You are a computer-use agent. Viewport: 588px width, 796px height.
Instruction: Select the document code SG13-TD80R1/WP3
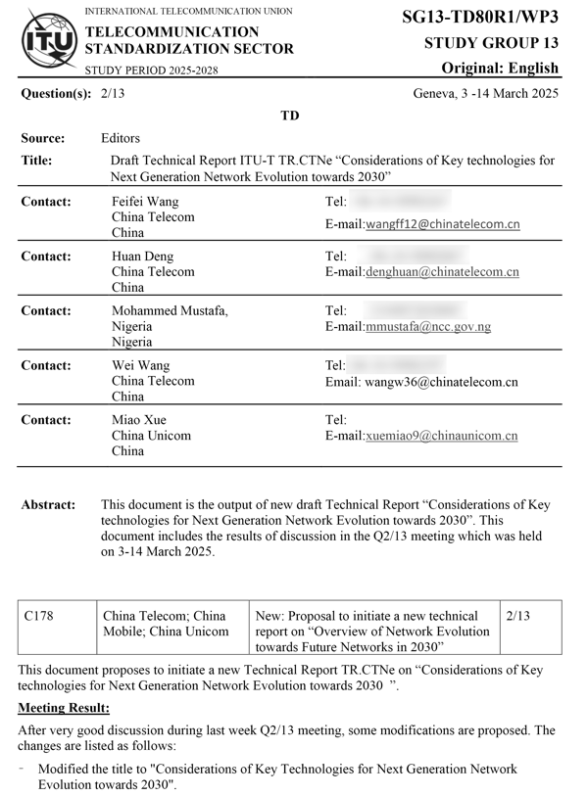coord(480,17)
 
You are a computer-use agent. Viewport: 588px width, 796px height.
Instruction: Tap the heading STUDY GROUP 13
coord(491,43)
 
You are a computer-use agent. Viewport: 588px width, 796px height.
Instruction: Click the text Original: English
coord(500,69)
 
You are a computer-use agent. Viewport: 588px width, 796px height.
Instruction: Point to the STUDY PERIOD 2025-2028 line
coord(152,70)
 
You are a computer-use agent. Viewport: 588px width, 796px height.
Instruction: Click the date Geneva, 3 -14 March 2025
coord(486,94)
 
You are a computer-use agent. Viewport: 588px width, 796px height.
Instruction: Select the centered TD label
coord(290,116)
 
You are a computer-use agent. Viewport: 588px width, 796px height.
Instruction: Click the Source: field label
coord(43,139)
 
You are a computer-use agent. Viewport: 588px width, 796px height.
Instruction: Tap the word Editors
coord(121,139)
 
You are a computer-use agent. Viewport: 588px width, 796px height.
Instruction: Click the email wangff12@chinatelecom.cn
coord(442,224)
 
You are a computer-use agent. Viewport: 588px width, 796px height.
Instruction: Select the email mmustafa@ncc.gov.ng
coord(427,327)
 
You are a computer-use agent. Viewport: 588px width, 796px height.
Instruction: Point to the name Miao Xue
coord(138,420)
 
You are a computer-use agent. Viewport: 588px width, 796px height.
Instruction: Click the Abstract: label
coord(48,505)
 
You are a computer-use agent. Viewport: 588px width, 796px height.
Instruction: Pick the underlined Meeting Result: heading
coord(64,708)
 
